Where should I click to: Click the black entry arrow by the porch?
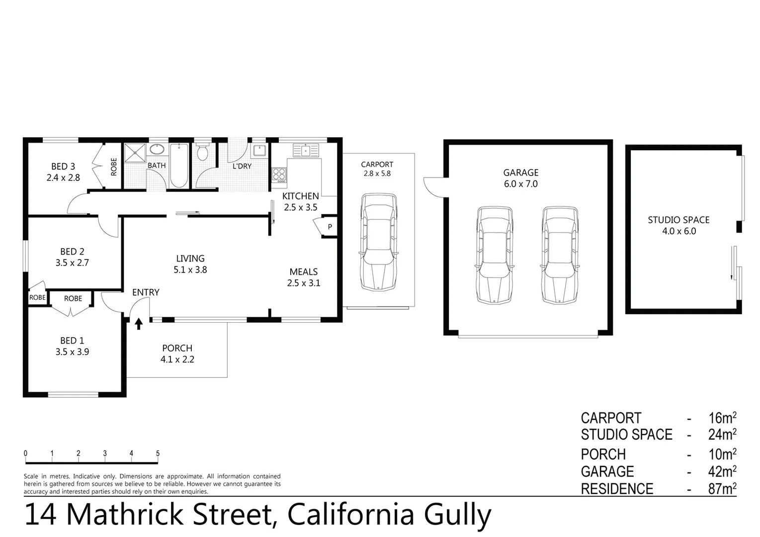[x=139, y=324]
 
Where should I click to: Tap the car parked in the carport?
[x=379, y=242]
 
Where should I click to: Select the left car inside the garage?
[x=494, y=255]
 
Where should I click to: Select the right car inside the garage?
[x=560, y=255]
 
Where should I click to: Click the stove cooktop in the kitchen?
[x=279, y=175]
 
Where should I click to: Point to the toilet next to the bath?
[x=202, y=152]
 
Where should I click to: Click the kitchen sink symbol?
[x=306, y=150]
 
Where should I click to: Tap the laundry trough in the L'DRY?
[x=259, y=150]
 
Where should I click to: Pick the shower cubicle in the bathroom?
[x=134, y=153]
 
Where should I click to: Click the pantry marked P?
[x=329, y=227]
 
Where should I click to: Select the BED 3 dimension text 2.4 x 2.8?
[x=63, y=178]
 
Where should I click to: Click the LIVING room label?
[x=190, y=259]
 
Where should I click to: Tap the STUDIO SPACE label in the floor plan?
[x=678, y=220]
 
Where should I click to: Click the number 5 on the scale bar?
[x=158, y=453]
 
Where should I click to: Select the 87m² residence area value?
[x=722, y=489]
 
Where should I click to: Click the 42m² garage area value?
[x=722, y=471]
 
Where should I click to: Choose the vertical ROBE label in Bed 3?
[x=114, y=167]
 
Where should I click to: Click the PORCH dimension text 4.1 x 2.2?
[x=177, y=359]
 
